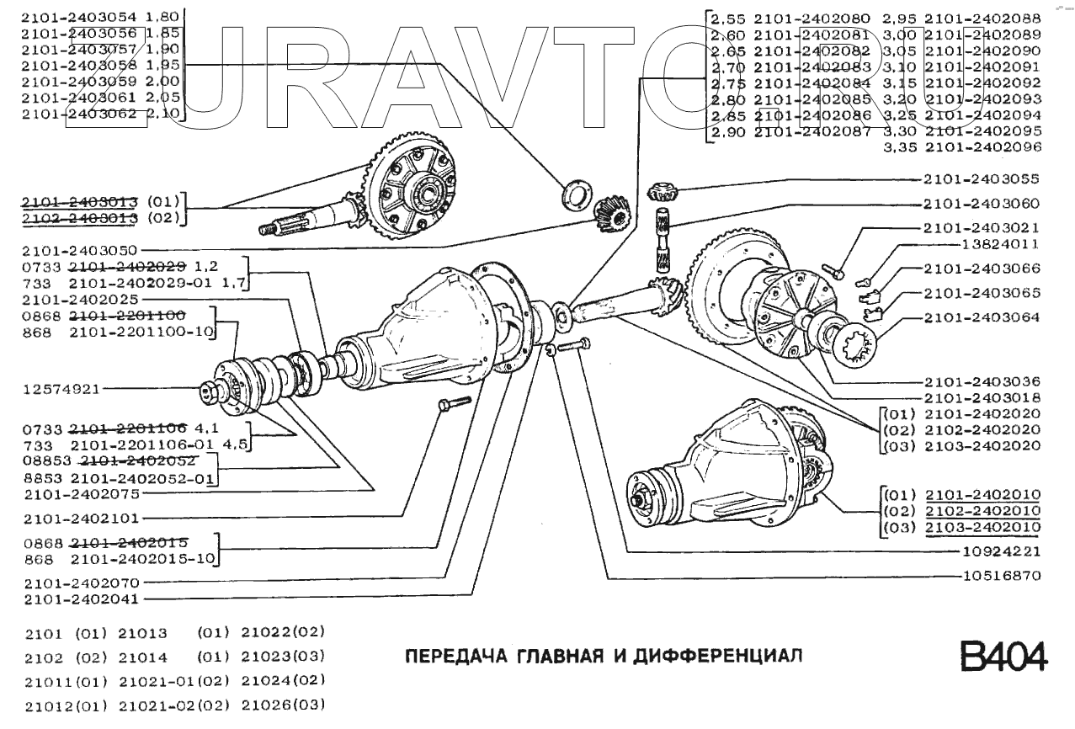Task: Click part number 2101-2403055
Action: point(981,179)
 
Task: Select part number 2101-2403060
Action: point(981,203)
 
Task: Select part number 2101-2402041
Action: point(82,599)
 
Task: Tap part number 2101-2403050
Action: point(82,250)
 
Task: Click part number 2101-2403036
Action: point(981,381)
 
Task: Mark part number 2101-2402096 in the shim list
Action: point(982,146)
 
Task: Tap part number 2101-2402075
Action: point(82,494)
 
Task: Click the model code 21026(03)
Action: point(283,704)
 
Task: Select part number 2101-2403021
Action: point(981,227)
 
